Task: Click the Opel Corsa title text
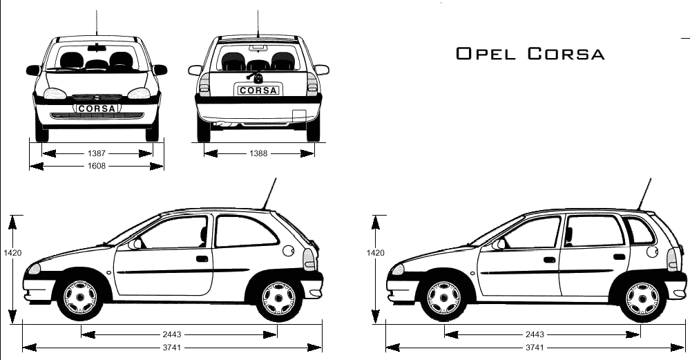(530, 54)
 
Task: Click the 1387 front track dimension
(97, 153)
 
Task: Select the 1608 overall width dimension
(97, 167)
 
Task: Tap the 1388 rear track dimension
(258, 153)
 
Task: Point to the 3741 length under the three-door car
(171, 348)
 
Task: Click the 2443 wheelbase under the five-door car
(535, 334)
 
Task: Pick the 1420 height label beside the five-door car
(375, 253)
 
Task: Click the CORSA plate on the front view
(97, 108)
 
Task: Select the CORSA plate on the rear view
(258, 91)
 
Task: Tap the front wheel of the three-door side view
(81, 298)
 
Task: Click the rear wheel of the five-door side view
(642, 298)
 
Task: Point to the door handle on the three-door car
(202, 258)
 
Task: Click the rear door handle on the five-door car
(619, 257)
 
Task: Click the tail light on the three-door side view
(309, 259)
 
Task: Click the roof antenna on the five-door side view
(645, 194)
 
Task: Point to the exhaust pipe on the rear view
(220, 125)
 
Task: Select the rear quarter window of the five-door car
(640, 230)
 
